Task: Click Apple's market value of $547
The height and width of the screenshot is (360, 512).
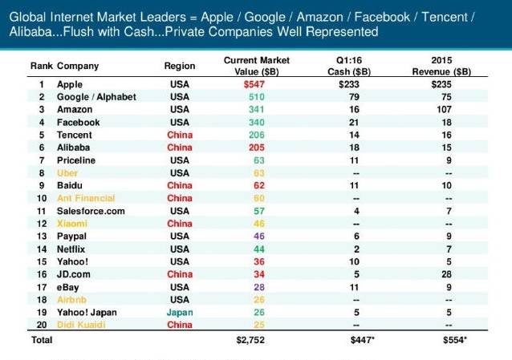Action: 254,84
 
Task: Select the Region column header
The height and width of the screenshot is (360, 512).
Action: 180,66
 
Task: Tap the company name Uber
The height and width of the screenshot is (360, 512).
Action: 67,173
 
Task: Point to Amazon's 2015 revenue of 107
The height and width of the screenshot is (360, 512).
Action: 444,109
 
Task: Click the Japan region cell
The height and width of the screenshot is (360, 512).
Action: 180,313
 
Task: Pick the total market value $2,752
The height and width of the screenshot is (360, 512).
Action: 250,340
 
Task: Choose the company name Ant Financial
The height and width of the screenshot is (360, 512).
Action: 86,198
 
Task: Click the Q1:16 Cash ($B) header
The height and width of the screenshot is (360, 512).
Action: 349,66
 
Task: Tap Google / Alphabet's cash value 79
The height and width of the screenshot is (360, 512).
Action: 354,97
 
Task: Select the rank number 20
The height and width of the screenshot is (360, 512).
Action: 42,325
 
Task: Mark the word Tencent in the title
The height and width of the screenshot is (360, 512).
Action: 445,17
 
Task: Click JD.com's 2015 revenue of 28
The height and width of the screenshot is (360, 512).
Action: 446,274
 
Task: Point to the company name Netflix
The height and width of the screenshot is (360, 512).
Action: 71,249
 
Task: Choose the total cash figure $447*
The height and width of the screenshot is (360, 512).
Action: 362,340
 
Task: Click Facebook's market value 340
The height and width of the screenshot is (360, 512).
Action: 256,123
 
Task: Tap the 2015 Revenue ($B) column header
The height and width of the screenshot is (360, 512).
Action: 441,66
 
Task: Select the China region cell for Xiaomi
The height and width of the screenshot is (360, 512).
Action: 180,224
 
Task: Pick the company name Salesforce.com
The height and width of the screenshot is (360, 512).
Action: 91,211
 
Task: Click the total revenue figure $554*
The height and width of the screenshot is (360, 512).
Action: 455,340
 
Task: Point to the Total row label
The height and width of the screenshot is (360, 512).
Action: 42,340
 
